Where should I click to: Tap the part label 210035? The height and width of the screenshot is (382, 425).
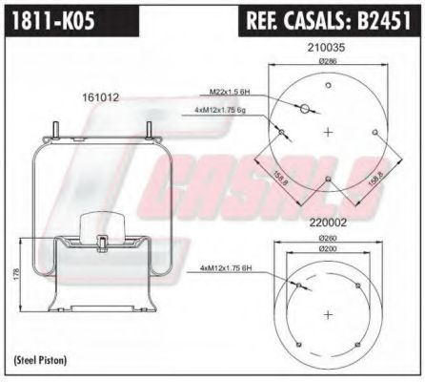coord(326,46)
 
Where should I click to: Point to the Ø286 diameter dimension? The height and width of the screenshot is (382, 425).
coord(326,60)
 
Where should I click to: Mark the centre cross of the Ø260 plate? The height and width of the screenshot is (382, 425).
coord(326,313)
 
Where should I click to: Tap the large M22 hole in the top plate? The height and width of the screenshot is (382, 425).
coord(305,111)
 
